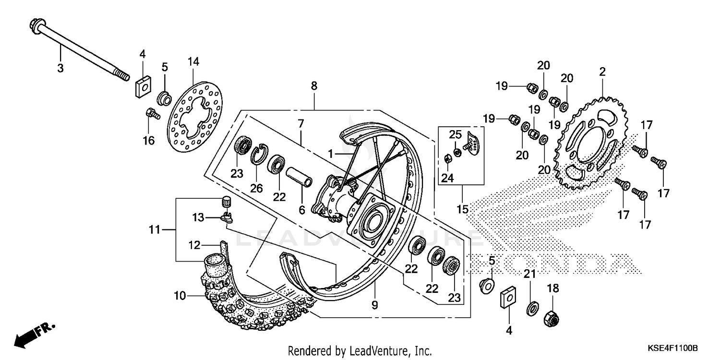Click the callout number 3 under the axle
point(60,68)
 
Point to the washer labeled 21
point(531,308)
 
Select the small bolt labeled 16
point(149,114)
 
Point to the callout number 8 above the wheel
point(314,86)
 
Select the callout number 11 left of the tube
point(154,230)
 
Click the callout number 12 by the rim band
point(193,245)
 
